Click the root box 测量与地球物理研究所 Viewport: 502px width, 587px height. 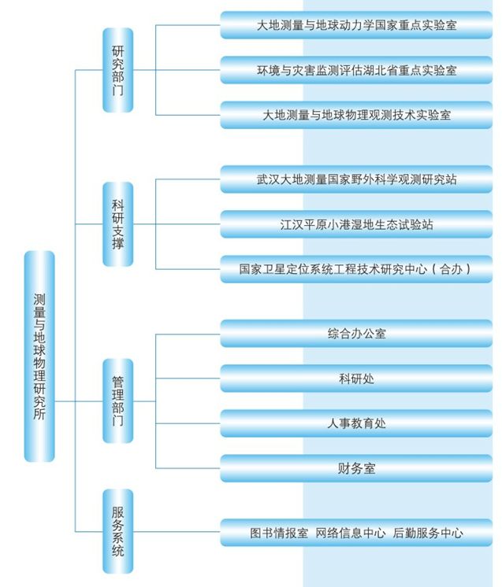(39, 356)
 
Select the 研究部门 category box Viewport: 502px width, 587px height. (118, 70)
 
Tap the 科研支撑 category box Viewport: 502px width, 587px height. (118, 224)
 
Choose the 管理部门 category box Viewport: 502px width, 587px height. (118, 401)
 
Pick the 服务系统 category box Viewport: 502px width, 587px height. (118, 531)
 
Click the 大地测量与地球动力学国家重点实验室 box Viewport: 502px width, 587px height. (356, 25)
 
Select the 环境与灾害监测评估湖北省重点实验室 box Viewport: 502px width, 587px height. (356, 70)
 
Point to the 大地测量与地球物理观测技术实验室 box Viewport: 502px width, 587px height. (356, 115)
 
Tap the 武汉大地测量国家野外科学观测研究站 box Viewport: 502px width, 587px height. (356, 179)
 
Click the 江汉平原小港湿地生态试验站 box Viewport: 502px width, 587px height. (356, 224)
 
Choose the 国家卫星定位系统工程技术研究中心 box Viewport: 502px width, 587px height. (356, 269)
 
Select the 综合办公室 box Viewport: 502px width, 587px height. (356, 334)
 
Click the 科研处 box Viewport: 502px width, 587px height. (356, 378)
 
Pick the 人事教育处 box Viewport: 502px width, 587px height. (356, 423)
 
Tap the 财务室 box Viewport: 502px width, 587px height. (356, 468)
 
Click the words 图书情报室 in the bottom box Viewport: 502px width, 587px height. (279, 533)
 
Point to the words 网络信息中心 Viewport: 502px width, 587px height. (350, 533)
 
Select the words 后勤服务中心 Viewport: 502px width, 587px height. (428, 533)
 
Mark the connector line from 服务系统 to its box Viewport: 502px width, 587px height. (177, 532)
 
